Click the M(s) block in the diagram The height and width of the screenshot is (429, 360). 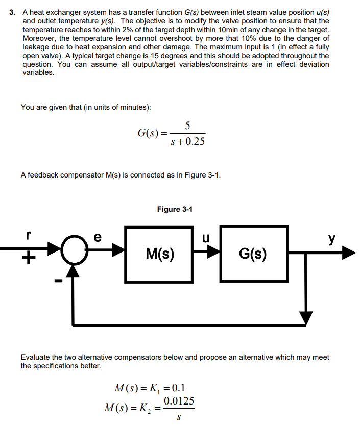159,254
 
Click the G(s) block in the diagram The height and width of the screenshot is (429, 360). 254,254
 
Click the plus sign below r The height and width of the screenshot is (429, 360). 28,260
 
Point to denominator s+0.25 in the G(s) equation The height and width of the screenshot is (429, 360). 187,141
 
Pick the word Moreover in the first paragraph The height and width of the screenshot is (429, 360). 40,38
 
